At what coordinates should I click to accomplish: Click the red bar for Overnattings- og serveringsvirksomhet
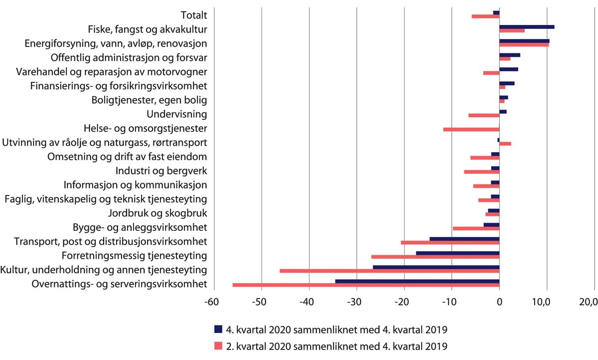(366, 285)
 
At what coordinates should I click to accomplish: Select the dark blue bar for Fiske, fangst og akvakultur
(527, 27)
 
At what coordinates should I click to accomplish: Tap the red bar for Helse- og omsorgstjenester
(471, 130)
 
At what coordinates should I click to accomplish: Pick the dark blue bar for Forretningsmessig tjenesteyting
(457, 253)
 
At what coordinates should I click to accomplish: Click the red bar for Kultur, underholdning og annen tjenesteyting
(390, 271)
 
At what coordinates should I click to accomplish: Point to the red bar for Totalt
(485, 16)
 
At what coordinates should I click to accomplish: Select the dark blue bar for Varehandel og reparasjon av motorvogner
(509, 69)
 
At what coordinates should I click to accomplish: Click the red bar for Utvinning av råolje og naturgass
(505, 144)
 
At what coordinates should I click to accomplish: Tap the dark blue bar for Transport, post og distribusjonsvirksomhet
(464, 239)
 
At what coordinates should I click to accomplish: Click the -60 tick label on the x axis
(214, 302)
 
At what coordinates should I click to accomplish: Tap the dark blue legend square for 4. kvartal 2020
(218, 329)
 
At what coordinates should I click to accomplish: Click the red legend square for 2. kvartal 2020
(218, 346)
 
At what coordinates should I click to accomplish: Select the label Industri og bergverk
(161, 171)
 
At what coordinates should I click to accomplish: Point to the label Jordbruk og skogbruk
(157, 213)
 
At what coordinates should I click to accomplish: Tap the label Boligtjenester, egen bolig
(149, 100)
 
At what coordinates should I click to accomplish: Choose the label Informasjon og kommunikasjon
(135, 185)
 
